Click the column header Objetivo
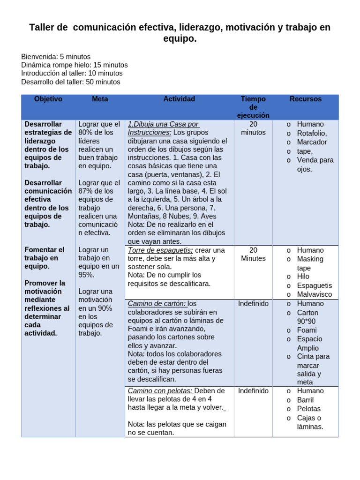click(x=48, y=99)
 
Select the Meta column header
click(x=100, y=99)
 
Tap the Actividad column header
click(x=179, y=99)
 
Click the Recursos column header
click(x=306, y=99)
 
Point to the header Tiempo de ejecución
click(x=253, y=107)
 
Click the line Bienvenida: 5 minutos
click(x=56, y=57)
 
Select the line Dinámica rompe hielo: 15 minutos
click(x=74, y=65)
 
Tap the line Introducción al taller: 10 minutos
click(x=72, y=74)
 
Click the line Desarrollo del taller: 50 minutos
click(x=70, y=82)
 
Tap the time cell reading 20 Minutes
click(x=253, y=254)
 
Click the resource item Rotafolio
click(x=312, y=133)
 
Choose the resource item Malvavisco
click(x=314, y=294)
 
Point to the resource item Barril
click(x=305, y=400)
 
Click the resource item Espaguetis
click(x=314, y=285)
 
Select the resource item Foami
click(x=307, y=330)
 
